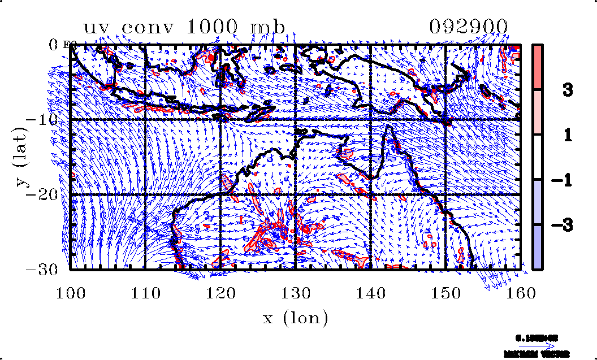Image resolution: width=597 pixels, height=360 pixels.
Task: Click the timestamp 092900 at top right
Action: pos(469,28)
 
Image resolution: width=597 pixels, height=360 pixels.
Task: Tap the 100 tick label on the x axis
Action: pos(70,293)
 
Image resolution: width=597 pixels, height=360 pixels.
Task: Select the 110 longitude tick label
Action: pos(145,293)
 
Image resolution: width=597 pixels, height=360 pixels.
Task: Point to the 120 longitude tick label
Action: pos(220,293)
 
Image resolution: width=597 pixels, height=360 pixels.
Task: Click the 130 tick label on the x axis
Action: pos(295,293)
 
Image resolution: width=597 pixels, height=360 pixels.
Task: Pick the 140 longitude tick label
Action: pos(370,293)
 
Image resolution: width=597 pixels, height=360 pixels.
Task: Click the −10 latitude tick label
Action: pos(45,119)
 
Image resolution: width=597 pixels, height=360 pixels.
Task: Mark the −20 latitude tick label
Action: pos(45,194)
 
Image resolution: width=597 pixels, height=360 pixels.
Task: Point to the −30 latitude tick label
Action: pos(45,270)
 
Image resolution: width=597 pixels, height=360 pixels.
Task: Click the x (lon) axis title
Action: pos(295,319)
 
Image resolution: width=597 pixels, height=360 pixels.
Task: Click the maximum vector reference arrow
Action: pos(537,346)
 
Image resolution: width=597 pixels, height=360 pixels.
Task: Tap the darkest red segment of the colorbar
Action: pos(538,66)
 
